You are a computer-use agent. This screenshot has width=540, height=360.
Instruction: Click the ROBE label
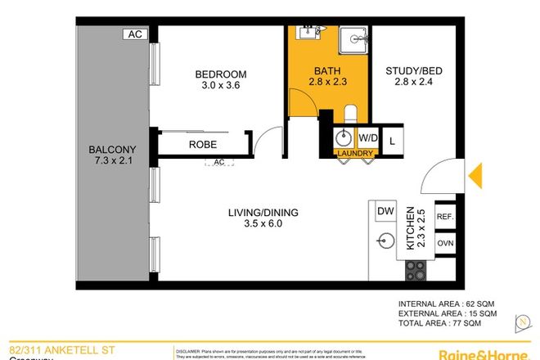(202, 145)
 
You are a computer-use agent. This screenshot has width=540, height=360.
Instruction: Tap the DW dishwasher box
(385, 212)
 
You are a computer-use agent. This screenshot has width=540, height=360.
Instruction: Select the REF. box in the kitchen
(446, 217)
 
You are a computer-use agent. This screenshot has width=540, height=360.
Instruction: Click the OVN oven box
(446, 243)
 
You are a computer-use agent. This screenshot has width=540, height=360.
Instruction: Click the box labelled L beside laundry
(393, 137)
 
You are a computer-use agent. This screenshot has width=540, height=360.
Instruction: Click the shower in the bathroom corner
(353, 38)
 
